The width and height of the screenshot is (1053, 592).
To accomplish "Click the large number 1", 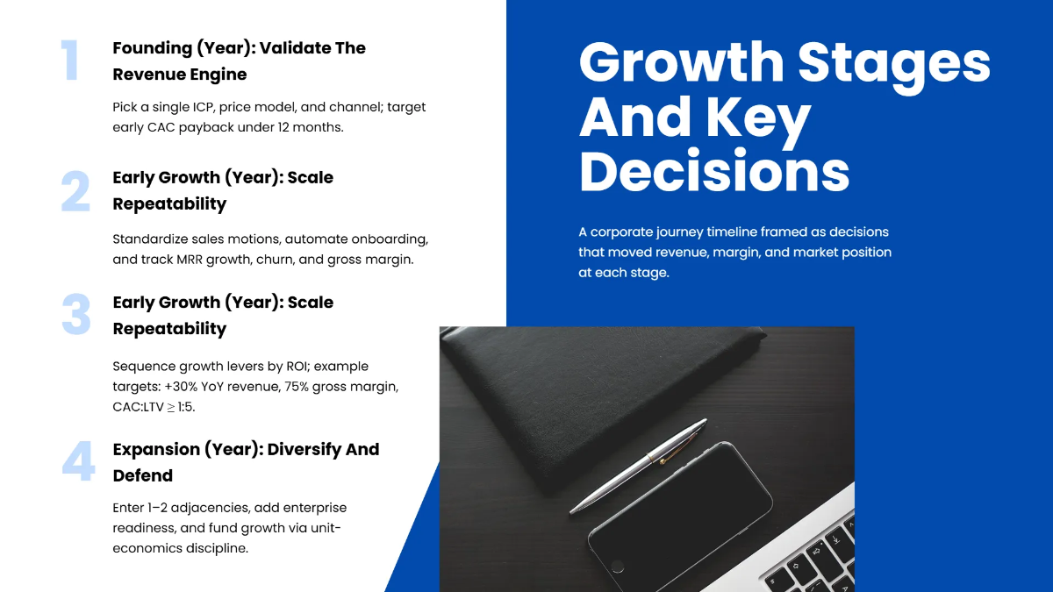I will [x=70, y=61].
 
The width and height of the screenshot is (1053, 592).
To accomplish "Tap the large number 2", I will [x=75, y=191].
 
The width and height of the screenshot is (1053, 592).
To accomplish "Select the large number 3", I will [x=75, y=316].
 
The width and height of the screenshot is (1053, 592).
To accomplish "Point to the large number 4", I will [x=78, y=462].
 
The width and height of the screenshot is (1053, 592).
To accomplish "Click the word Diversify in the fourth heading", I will [x=304, y=449].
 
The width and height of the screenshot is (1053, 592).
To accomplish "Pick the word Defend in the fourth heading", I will [x=143, y=475].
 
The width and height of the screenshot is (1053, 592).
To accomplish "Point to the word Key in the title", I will [x=761, y=117].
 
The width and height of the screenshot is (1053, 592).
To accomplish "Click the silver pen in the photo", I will [x=639, y=466].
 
